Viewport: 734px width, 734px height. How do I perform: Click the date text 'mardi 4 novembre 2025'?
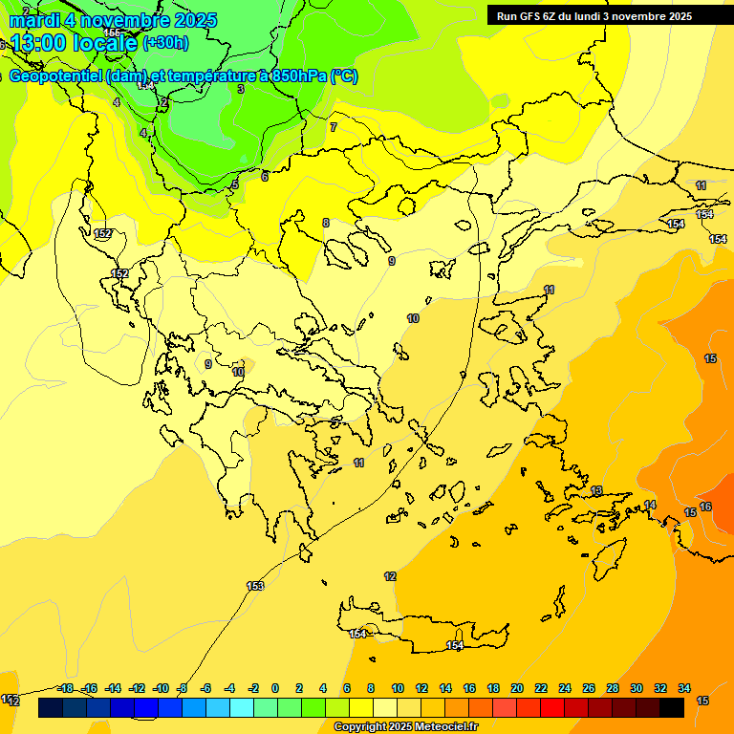114,20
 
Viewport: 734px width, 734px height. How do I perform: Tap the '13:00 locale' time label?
74,42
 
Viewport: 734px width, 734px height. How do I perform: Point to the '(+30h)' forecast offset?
165,42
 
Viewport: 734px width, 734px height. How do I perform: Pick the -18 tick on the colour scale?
65,688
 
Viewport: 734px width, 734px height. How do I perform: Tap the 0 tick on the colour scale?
275,688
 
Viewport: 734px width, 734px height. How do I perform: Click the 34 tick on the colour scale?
684,688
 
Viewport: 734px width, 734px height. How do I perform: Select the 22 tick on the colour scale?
541,688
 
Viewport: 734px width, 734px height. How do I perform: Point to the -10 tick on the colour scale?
161,688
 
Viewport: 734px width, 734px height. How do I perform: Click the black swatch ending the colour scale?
672,707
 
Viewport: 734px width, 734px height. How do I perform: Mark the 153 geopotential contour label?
255,586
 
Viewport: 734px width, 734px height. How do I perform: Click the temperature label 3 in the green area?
241,89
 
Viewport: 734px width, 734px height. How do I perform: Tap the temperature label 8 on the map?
326,223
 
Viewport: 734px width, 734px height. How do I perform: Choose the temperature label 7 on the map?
334,127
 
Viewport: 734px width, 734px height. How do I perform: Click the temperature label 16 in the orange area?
705,507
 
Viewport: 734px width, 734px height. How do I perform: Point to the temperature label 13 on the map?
596,490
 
